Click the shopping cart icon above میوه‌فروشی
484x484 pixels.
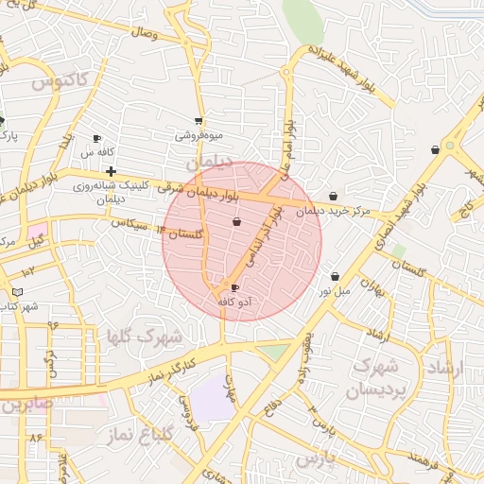(x=198, y=120)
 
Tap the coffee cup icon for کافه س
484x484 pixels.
(x=97, y=138)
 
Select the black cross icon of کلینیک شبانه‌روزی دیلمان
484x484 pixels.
(x=112, y=171)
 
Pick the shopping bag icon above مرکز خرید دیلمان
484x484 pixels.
(x=335, y=197)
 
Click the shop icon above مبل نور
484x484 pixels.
(x=336, y=276)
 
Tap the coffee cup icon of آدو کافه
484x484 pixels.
(x=235, y=287)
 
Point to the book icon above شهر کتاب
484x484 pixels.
(x=18, y=292)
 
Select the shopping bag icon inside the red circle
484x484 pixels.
(x=236, y=222)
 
